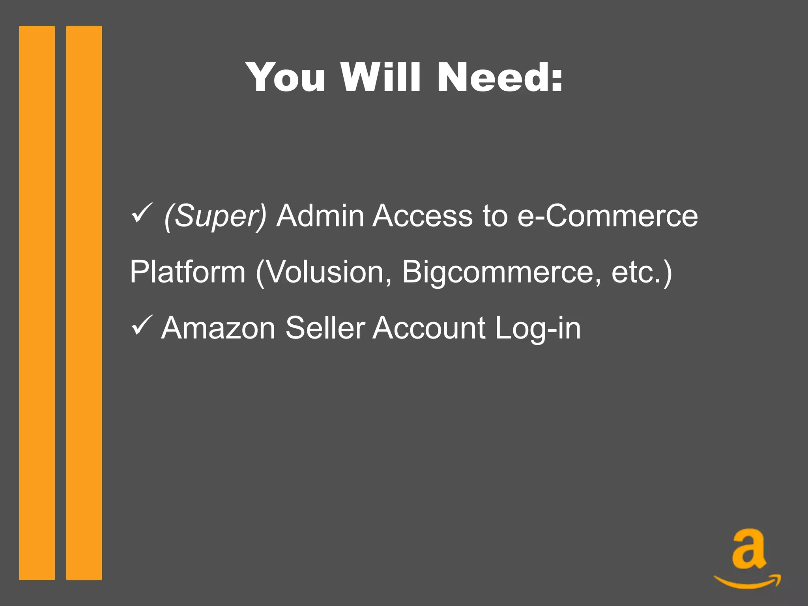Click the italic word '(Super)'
pyautogui.click(x=215, y=217)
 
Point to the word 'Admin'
pyautogui.click(x=320, y=216)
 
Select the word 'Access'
pyautogui.click(x=423, y=216)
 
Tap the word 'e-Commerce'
pyautogui.click(x=608, y=216)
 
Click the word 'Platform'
pyautogui.click(x=188, y=272)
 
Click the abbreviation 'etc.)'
pyautogui.click(x=642, y=272)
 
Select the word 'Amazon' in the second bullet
pyautogui.click(x=218, y=328)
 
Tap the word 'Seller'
pyautogui.click(x=325, y=328)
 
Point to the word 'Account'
pyautogui.click(x=429, y=328)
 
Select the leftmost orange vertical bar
pyautogui.click(x=37, y=303)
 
